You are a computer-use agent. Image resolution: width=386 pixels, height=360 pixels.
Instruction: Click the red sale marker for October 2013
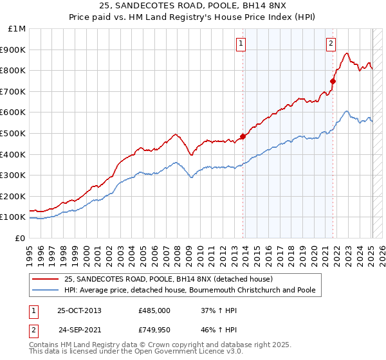243,136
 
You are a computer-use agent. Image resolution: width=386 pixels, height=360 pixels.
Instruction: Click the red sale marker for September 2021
333,81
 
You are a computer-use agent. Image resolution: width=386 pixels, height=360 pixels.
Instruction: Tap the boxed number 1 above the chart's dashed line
241,44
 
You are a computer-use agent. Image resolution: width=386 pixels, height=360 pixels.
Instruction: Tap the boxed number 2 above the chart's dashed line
331,44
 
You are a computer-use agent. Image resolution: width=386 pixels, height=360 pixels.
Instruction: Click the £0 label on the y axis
19,238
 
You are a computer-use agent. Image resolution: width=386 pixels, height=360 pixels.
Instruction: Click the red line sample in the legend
46,279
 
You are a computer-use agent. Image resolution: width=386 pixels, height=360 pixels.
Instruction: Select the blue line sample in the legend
46,290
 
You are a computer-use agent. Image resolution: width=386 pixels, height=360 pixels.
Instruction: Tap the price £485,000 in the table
154,310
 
